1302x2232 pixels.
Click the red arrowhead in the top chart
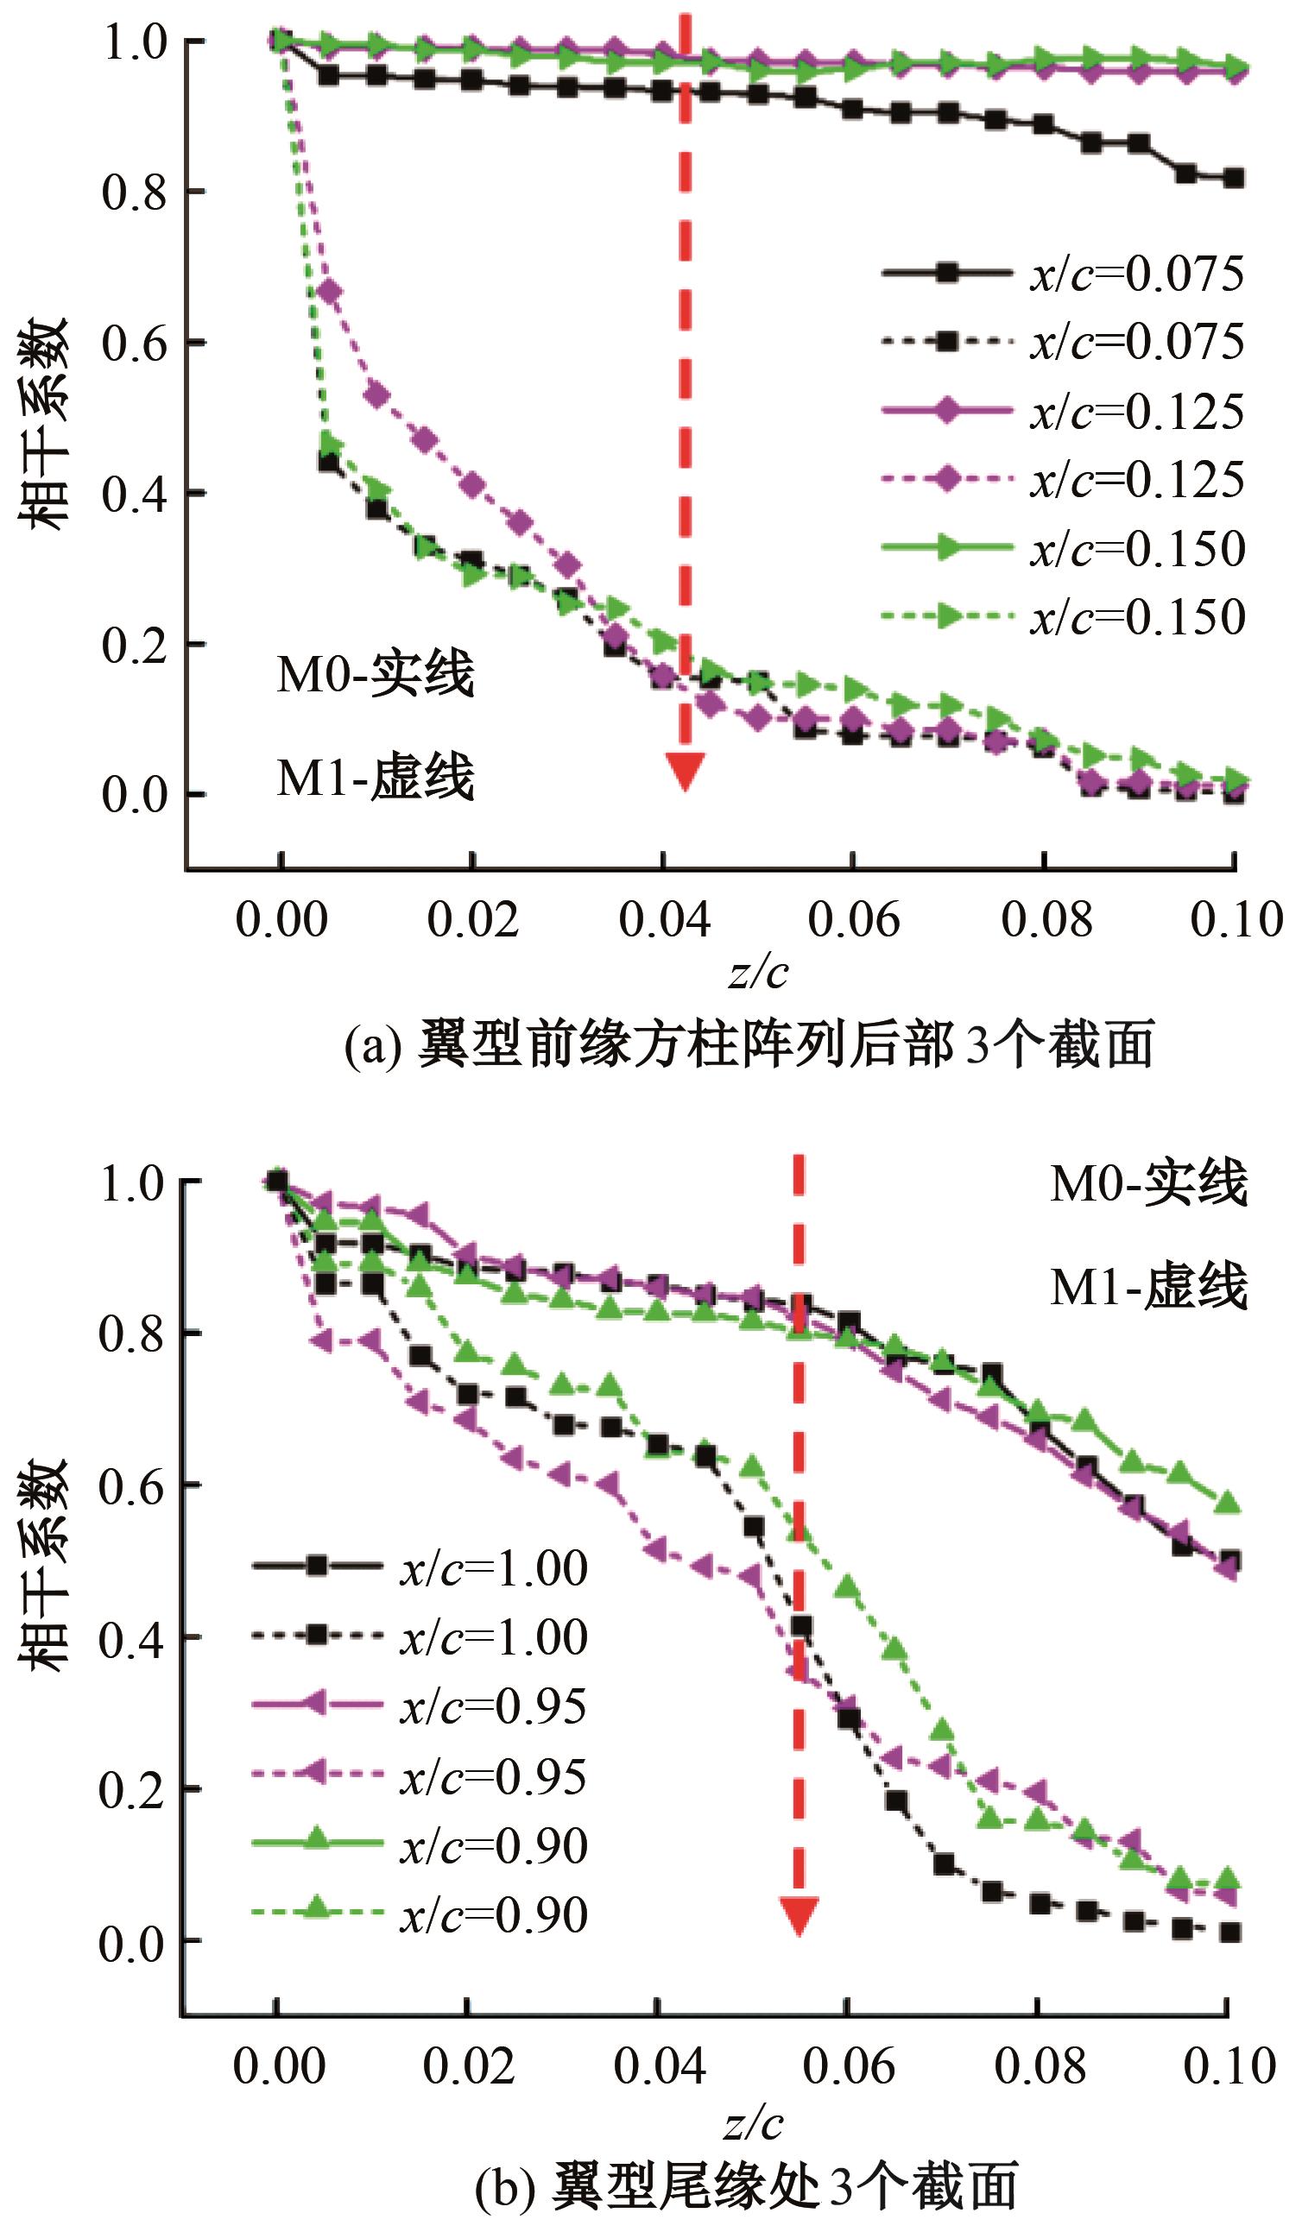685,770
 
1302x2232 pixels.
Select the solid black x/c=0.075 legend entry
1063,274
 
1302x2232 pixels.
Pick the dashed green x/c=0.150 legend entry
1063,616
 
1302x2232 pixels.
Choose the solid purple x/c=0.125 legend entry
1063,411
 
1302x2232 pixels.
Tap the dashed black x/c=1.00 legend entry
420,1636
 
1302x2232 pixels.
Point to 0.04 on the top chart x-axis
664,919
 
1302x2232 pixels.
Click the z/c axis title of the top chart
758,973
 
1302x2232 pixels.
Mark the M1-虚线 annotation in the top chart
376,777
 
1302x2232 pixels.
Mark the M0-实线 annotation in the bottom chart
1149,1182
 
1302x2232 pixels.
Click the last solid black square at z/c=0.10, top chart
1234,178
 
